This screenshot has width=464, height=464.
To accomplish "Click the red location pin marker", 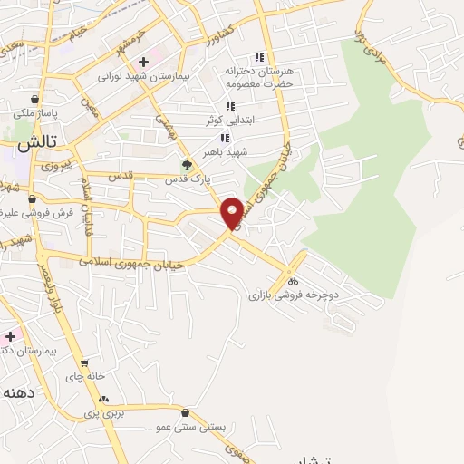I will [232, 212].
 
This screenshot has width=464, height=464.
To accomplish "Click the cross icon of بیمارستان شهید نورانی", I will [143, 62].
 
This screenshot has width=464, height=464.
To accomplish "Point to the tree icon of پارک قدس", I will [187, 165].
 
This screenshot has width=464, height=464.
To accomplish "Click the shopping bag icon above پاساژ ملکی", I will [34, 100].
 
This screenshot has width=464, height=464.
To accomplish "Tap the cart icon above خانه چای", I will [84, 362].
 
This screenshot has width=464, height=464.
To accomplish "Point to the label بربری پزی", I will [103, 413].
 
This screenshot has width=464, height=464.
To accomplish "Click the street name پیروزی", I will [55, 169].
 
